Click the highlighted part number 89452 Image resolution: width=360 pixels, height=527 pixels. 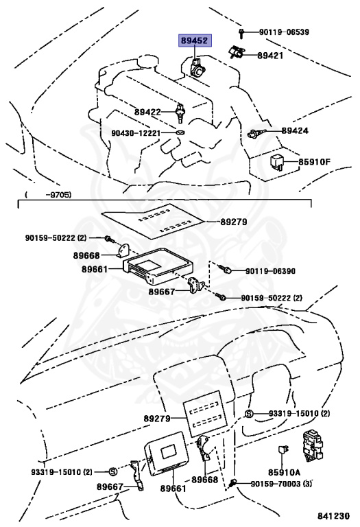tap(195, 41)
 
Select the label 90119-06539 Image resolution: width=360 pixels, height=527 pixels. tap(285, 32)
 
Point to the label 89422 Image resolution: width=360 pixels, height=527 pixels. tap(147, 111)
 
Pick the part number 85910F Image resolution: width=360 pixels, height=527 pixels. tap(314, 162)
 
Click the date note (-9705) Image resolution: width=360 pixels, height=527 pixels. tap(47, 196)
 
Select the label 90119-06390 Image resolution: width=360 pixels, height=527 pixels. tap(269, 271)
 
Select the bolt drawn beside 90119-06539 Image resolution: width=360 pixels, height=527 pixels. tap(242, 32)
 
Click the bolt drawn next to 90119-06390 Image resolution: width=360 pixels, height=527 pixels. tap(226, 270)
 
